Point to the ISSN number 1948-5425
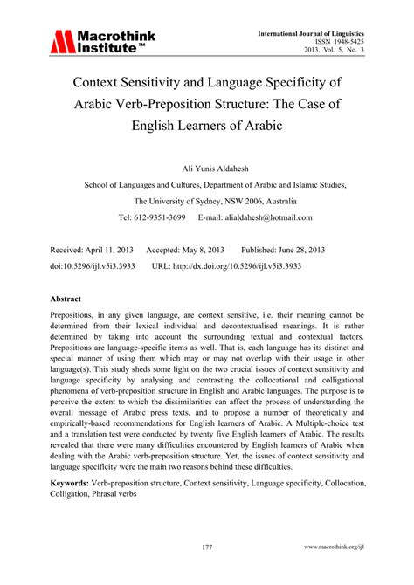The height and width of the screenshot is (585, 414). point(348,43)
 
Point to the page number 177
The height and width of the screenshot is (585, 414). point(207,547)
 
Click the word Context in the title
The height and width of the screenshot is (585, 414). point(114,85)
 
